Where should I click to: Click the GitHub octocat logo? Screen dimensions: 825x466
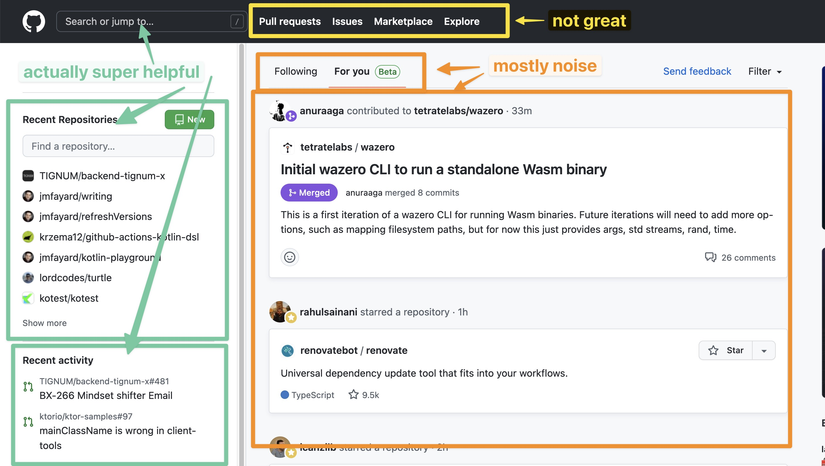[34, 21]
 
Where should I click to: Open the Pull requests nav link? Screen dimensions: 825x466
[290, 21]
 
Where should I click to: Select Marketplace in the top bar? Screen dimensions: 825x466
[403, 21]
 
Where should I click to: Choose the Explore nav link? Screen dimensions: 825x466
[461, 21]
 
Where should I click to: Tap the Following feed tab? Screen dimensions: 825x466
[296, 71]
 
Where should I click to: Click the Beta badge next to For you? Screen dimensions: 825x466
[387, 72]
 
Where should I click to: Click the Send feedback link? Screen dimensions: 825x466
[697, 71]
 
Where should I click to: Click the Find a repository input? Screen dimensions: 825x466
[118, 146]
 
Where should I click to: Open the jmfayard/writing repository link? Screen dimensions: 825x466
[76, 196]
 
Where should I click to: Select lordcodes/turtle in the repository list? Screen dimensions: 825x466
[75, 278]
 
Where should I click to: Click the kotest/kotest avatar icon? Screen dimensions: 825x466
[28, 298]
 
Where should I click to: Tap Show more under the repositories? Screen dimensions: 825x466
[45, 323]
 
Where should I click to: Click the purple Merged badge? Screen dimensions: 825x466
[309, 193]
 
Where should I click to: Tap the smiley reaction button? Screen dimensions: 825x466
[290, 257]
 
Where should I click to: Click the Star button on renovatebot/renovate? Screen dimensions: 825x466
[726, 351]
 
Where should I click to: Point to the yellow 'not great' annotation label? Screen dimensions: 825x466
[589, 21]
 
